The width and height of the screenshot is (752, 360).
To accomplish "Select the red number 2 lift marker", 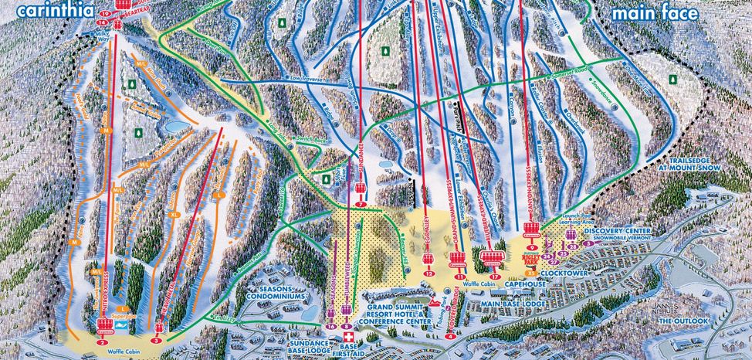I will pos(102,341).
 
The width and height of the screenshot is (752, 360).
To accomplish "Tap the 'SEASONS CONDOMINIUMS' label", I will pos(279,293).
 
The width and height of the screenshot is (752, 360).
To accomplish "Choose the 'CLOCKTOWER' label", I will pos(561,273).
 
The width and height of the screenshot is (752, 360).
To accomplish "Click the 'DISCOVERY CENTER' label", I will pos(618,231).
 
